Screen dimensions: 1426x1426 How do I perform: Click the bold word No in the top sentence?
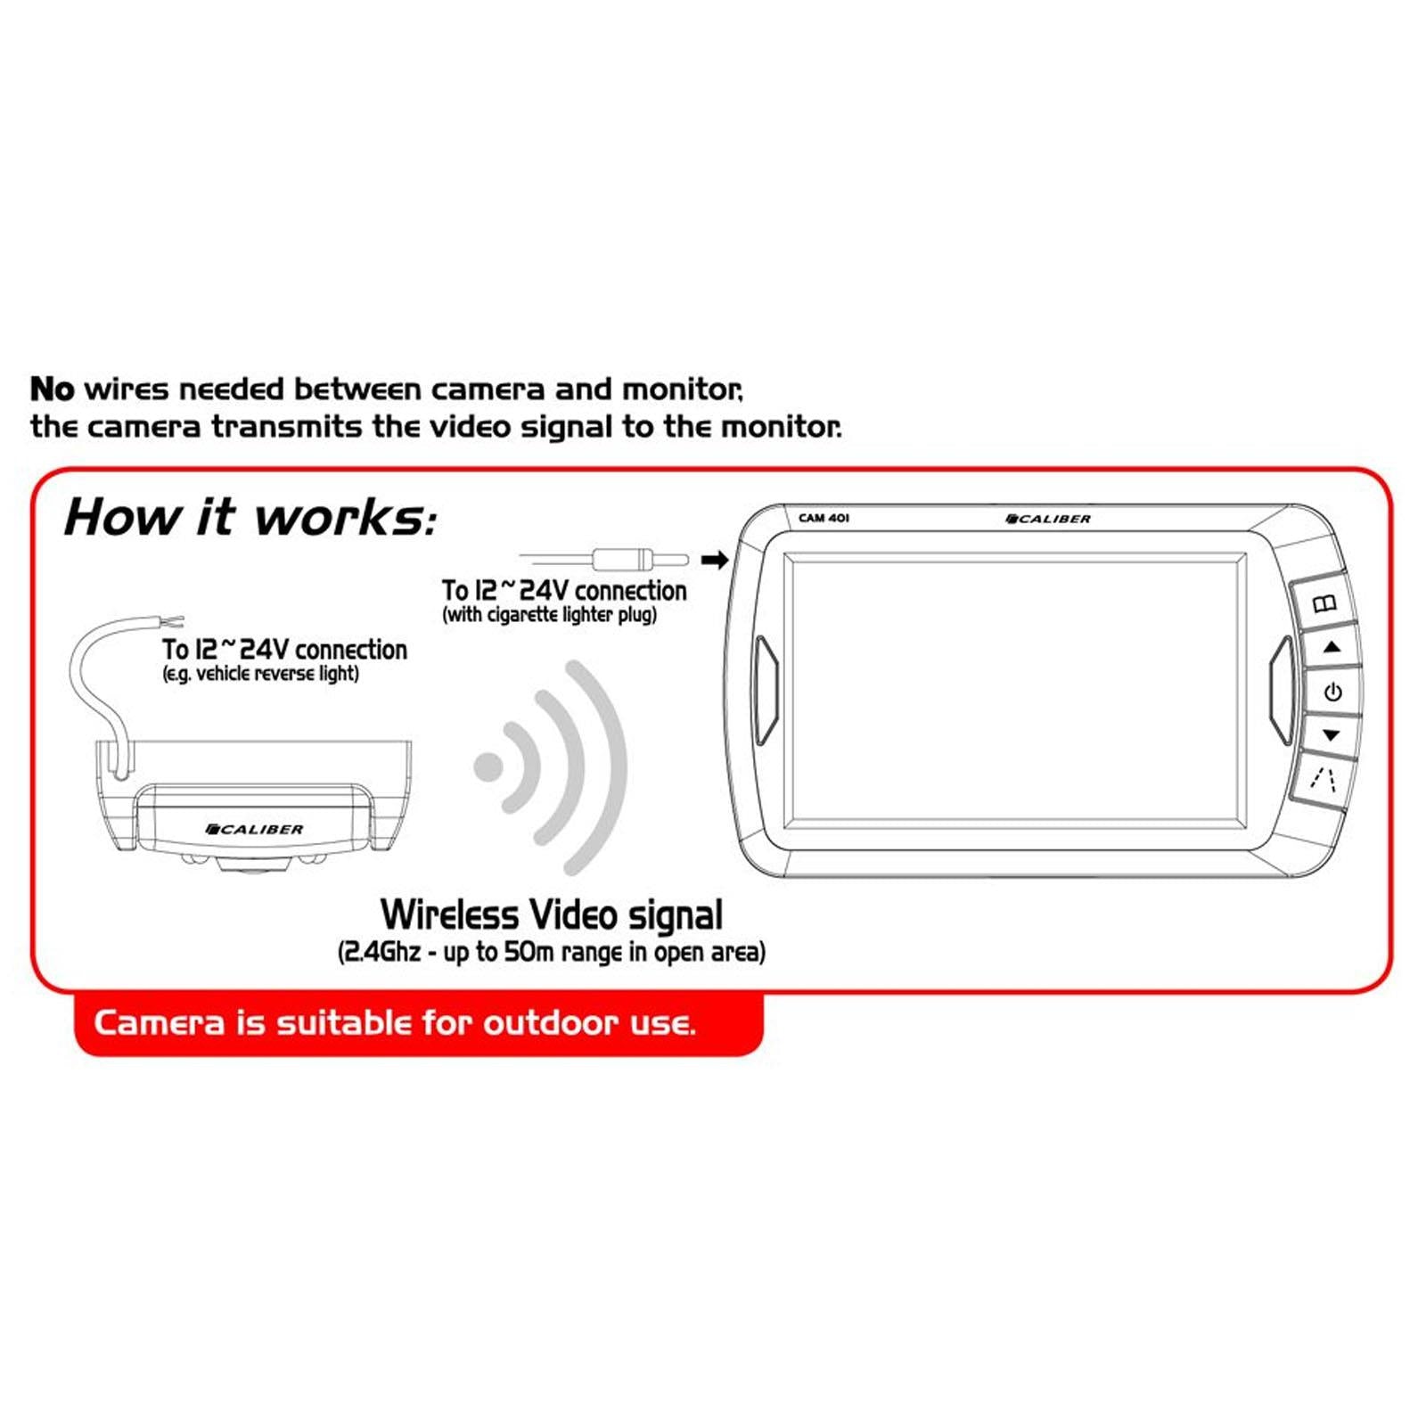[53, 389]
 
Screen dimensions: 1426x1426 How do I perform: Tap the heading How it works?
[250, 517]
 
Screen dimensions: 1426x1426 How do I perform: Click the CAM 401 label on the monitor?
[824, 518]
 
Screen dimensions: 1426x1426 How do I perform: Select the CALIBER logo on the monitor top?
[1047, 519]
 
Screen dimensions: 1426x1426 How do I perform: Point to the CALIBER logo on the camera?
[254, 829]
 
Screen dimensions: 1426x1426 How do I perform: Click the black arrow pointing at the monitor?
[715, 561]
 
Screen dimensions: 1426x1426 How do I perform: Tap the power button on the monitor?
[1332, 692]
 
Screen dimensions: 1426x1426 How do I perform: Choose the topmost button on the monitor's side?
[1324, 603]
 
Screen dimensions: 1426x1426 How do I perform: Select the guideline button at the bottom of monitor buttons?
[1324, 781]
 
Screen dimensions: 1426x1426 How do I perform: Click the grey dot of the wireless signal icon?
[488, 766]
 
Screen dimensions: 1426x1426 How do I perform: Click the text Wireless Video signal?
[551, 914]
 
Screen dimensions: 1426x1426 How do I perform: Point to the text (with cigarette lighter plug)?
[549, 615]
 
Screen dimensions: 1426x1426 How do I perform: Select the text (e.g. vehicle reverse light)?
[260, 674]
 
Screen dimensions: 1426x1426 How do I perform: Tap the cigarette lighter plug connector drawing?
[640, 561]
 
